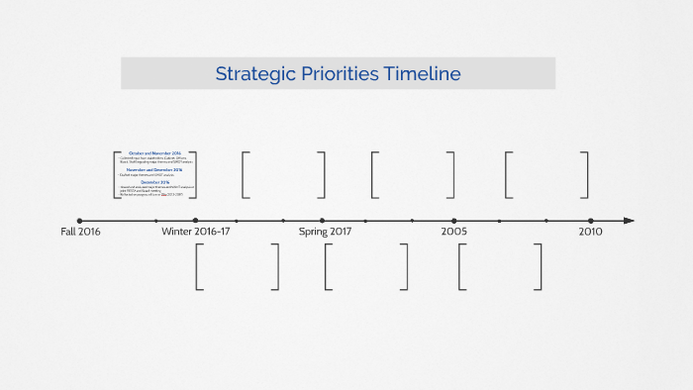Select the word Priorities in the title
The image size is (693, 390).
point(338,73)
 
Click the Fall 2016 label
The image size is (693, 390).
point(80,232)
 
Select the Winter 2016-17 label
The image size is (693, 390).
point(195,232)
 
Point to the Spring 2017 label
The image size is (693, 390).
point(325,232)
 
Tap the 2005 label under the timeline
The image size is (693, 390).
point(454,232)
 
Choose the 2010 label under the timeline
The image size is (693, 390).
point(590,232)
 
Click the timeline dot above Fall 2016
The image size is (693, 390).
point(80,221)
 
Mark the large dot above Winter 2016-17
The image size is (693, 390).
point(195,221)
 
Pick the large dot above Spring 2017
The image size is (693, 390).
point(322,221)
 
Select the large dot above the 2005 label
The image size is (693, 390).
point(454,221)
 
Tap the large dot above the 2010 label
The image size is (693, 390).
point(590,221)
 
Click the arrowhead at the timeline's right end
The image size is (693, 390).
point(629,221)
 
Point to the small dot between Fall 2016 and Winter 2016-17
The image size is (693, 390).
point(155,221)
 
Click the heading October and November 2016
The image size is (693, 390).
point(155,153)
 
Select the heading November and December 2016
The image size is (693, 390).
point(155,169)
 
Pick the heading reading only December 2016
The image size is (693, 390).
point(155,182)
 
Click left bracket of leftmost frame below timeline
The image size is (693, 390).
point(199,266)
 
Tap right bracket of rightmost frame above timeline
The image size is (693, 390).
point(585,174)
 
